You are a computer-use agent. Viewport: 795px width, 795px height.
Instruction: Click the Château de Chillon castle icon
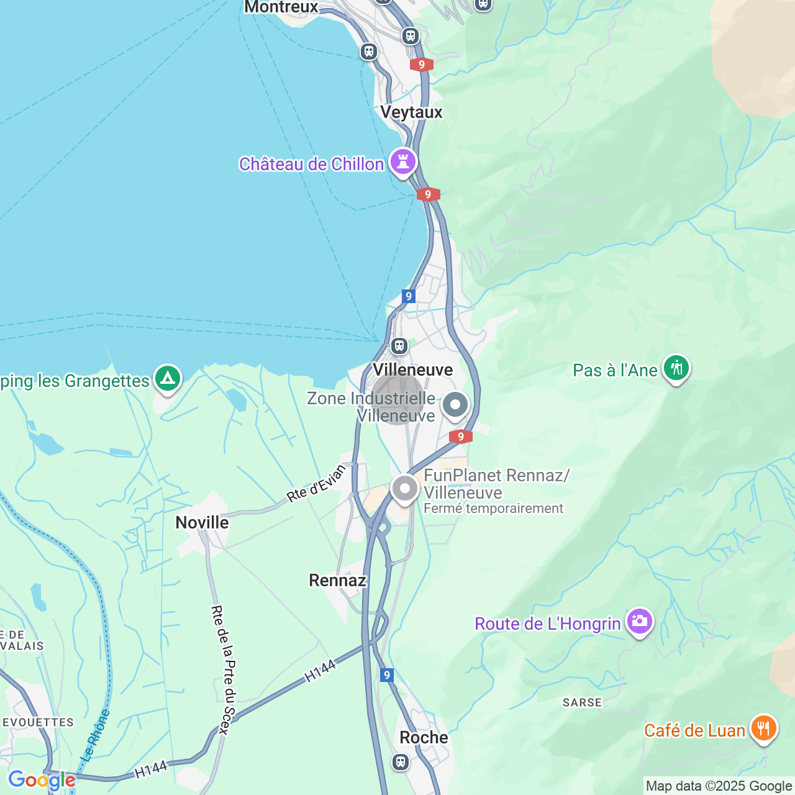click(x=403, y=162)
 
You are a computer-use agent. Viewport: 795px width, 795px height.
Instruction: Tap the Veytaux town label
click(x=411, y=112)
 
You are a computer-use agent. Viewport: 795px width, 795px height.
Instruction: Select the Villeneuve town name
click(x=412, y=370)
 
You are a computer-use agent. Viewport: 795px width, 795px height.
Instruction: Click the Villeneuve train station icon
click(x=399, y=345)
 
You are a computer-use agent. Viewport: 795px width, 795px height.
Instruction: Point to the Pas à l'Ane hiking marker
click(x=676, y=368)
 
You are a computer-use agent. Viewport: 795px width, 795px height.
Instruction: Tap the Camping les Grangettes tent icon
click(x=167, y=378)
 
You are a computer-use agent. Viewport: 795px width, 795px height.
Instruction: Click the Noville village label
click(x=202, y=523)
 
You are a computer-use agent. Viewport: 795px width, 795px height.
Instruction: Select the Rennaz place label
click(x=337, y=581)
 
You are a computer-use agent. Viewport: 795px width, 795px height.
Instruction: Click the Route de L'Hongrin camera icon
click(x=639, y=621)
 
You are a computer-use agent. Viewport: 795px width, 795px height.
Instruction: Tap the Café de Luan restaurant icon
click(x=763, y=728)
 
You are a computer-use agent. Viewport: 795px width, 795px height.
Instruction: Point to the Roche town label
click(x=424, y=738)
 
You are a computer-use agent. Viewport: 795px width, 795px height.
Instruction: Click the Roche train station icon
click(x=401, y=761)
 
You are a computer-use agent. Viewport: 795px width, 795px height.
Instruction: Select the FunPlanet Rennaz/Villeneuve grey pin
click(x=405, y=489)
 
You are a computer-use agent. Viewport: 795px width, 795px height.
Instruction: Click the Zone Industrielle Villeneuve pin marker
click(x=455, y=405)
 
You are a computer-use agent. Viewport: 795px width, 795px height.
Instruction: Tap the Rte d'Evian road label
click(x=316, y=483)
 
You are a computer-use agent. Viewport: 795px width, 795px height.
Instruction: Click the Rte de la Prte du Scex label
click(x=224, y=670)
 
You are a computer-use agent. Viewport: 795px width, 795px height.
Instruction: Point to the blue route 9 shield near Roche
click(x=387, y=675)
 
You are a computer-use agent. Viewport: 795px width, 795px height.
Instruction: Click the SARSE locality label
click(x=582, y=702)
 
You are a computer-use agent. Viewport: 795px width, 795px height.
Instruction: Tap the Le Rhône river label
click(x=96, y=736)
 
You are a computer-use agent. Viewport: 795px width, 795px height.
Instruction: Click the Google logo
click(x=42, y=780)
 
